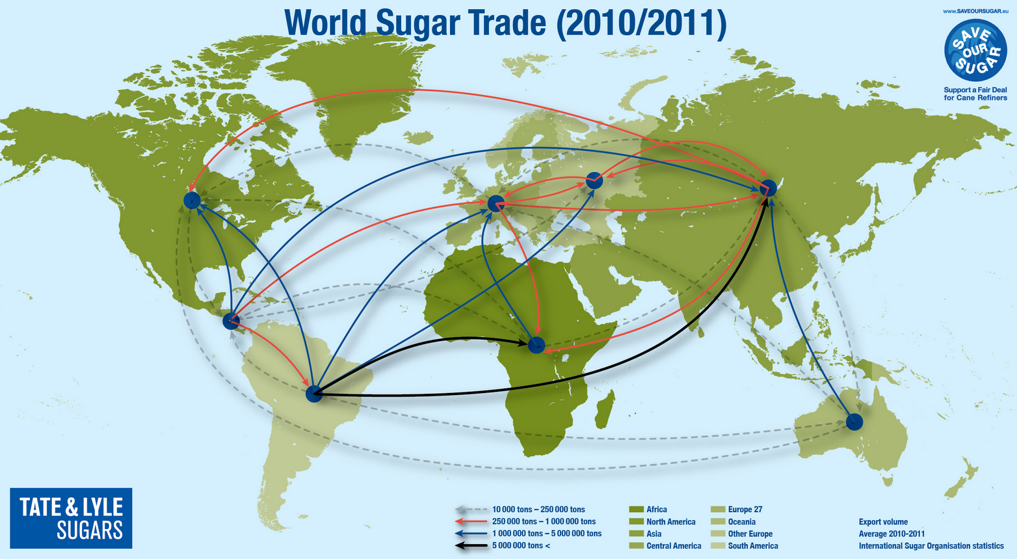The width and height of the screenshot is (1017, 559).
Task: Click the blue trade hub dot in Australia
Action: pyautogui.click(x=854, y=422)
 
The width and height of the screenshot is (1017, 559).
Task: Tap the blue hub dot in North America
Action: pyautogui.click(x=192, y=200)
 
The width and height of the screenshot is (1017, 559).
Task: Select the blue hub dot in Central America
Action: pyautogui.click(x=231, y=321)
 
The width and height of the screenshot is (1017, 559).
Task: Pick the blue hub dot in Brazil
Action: pyautogui.click(x=314, y=394)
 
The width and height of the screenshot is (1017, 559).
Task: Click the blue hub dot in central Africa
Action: pyautogui.click(x=536, y=345)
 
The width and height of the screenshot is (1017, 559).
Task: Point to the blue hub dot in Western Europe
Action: pyautogui.click(x=495, y=204)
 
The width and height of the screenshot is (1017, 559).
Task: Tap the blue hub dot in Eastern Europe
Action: pyautogui.click(x=594, y=181)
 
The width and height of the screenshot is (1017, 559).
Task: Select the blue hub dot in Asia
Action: pyautogui.click(x=769, y=188)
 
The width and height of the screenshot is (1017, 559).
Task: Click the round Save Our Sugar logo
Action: pyautogui.click(x=975, y=50)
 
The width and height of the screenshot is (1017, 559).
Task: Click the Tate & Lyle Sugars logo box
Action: pyautogui.click(x=71, y=518)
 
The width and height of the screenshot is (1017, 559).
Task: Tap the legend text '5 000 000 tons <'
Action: pyautogui.click(x=521, y=545)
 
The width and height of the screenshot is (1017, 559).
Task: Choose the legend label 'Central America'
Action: pyautogui.click(x=674, y=545)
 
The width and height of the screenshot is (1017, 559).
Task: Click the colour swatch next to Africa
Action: pyautogui.click(x=636, y=510)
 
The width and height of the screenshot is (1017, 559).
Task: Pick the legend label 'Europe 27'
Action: pyautogui.click(x=745, y=510)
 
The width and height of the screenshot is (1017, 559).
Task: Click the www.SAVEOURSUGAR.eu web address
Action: pyautogui.click(x=975, y=11)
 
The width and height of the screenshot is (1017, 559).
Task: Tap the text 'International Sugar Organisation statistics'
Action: pyautogui.click(x=931, y=545)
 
